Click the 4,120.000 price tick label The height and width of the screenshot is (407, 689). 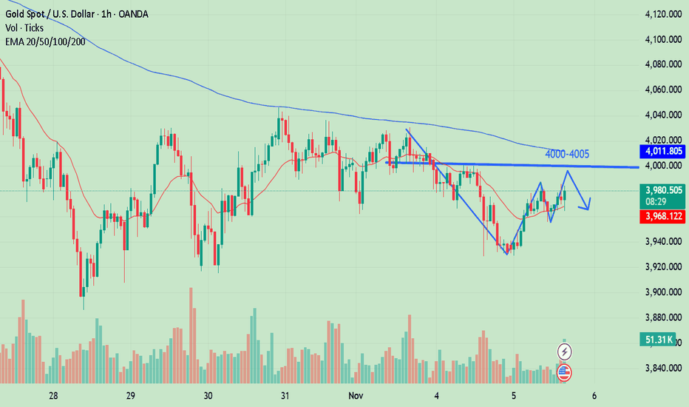(662, 14)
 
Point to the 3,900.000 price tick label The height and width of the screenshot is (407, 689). (662, 292)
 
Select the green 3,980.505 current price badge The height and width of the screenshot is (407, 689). (662, 189)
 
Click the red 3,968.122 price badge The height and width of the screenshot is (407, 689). (662, 217)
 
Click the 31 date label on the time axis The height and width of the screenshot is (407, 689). (285, 395)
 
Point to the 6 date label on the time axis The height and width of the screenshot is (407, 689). (594, 395)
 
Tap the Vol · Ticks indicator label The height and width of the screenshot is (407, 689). (25, 27)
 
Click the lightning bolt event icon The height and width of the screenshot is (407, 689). (566, 350)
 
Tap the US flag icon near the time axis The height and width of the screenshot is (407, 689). (566, 371)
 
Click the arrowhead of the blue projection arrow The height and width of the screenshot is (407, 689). (588, 208)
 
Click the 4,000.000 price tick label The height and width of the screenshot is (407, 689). (662, 166)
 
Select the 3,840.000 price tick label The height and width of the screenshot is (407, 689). (662, 368)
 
